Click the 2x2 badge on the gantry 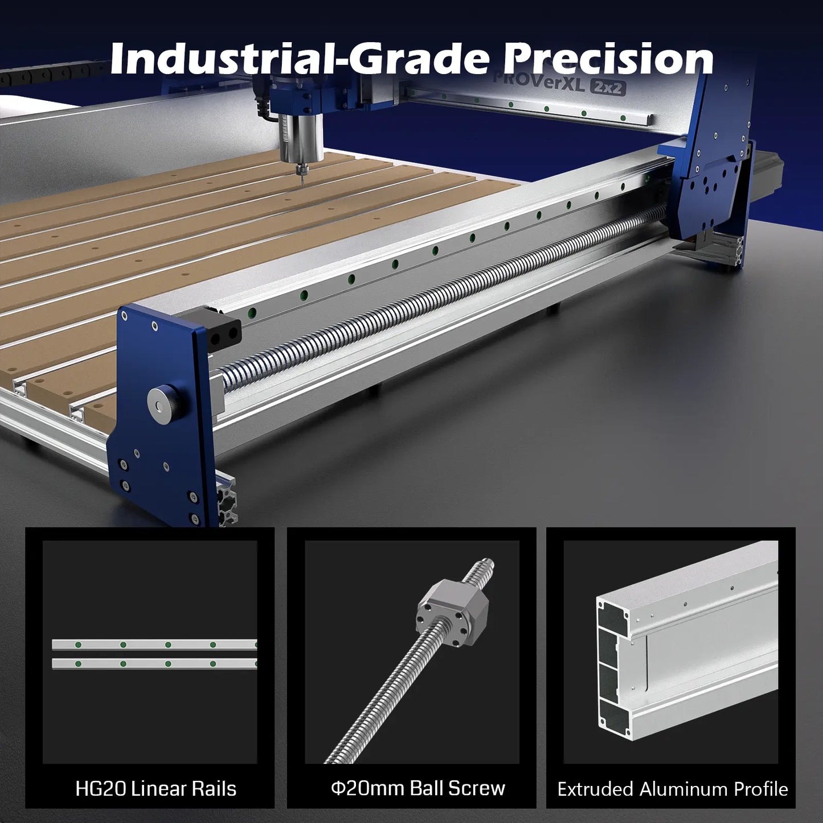[608, 87]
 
